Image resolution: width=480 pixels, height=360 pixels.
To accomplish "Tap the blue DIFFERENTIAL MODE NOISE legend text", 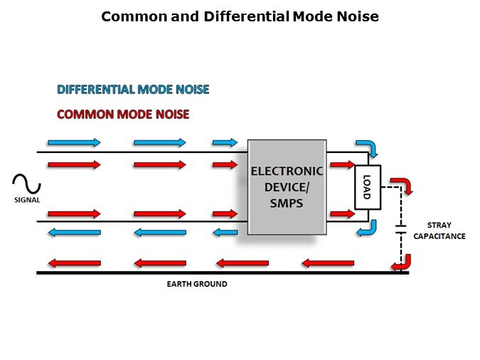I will [133, 90].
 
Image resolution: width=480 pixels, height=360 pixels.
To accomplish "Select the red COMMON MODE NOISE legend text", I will [123, 114].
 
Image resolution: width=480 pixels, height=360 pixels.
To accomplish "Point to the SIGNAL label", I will [27, 201].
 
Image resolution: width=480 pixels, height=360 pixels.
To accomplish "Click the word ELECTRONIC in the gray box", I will [287, 171].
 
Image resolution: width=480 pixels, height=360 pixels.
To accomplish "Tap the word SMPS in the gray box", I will [287, 203].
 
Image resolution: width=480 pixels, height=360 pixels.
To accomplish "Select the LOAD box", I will [368, 187].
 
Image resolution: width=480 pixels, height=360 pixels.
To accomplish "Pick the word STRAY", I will [438, 226].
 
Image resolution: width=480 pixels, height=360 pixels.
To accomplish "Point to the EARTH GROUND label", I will [197, 284].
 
